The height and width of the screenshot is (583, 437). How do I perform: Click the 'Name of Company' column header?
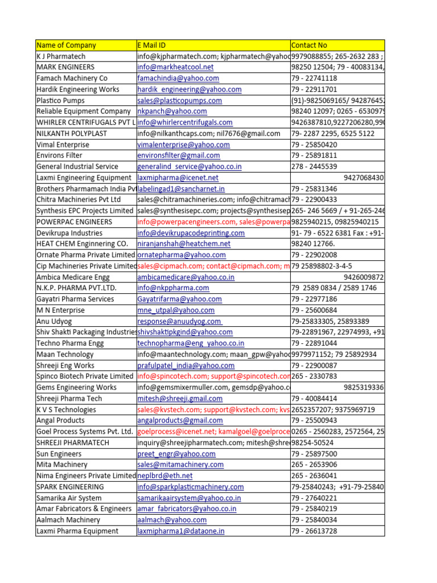[66, 45]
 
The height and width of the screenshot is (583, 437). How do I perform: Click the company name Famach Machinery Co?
[72, 78]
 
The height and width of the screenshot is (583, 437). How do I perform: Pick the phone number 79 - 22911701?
[314, 89]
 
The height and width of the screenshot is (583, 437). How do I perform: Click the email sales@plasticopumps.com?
[179, 100]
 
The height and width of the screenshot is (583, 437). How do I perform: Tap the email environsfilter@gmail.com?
[179, 155]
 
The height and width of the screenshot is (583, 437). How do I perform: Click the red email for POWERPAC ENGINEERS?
[213, 222]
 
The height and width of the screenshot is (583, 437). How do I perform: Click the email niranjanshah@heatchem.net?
[184, 244]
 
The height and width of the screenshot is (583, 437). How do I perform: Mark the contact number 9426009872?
[364, 277]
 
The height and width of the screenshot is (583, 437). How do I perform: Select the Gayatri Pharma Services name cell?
[75, 299]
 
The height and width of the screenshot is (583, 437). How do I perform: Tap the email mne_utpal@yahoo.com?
[176, 310]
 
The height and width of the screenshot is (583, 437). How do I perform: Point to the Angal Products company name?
[60, 421]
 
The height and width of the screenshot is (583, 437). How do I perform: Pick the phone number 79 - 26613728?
[314, 531]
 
